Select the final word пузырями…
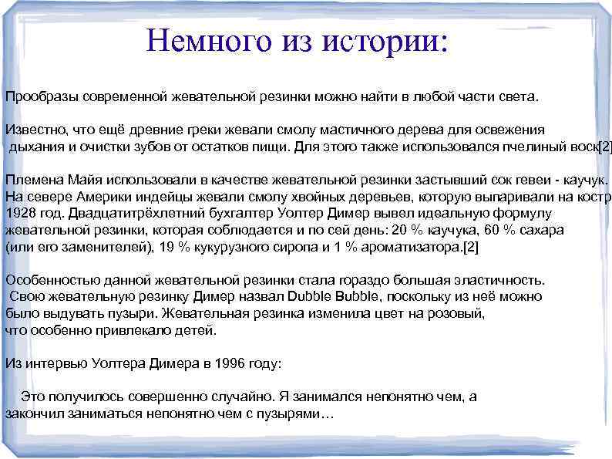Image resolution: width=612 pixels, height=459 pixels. click(x=298, y=413)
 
